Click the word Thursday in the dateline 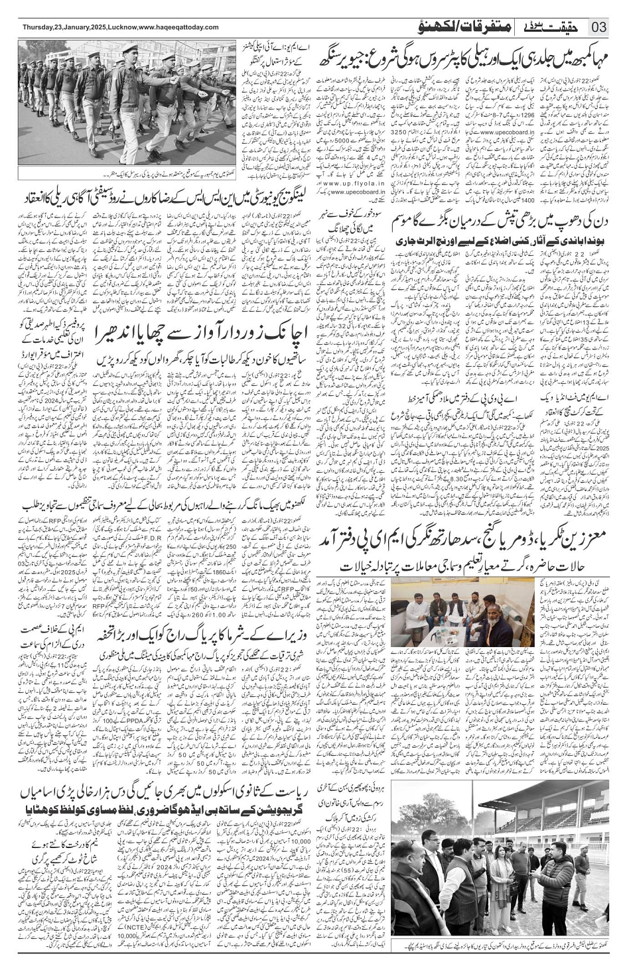pyautogui.click(x=38, y=27)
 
